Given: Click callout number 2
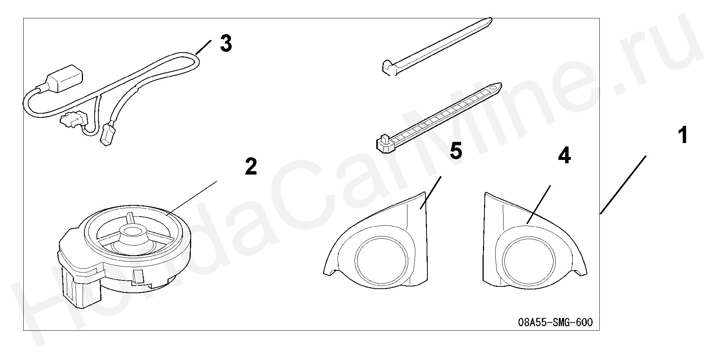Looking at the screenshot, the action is click(x=251, y=166).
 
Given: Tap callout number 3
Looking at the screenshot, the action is click(x=226, y=44).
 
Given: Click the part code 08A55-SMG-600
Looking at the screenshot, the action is click(x=555, y=322).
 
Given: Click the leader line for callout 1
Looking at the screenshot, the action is click(x=623, y=185).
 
